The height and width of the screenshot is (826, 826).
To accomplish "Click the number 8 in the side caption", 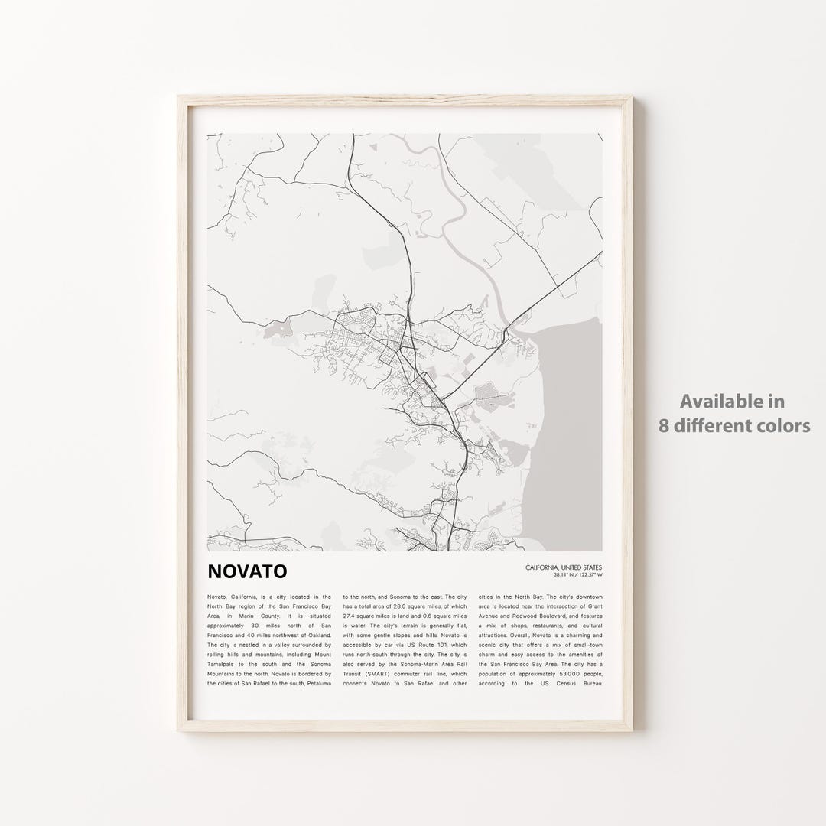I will [663, 425].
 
